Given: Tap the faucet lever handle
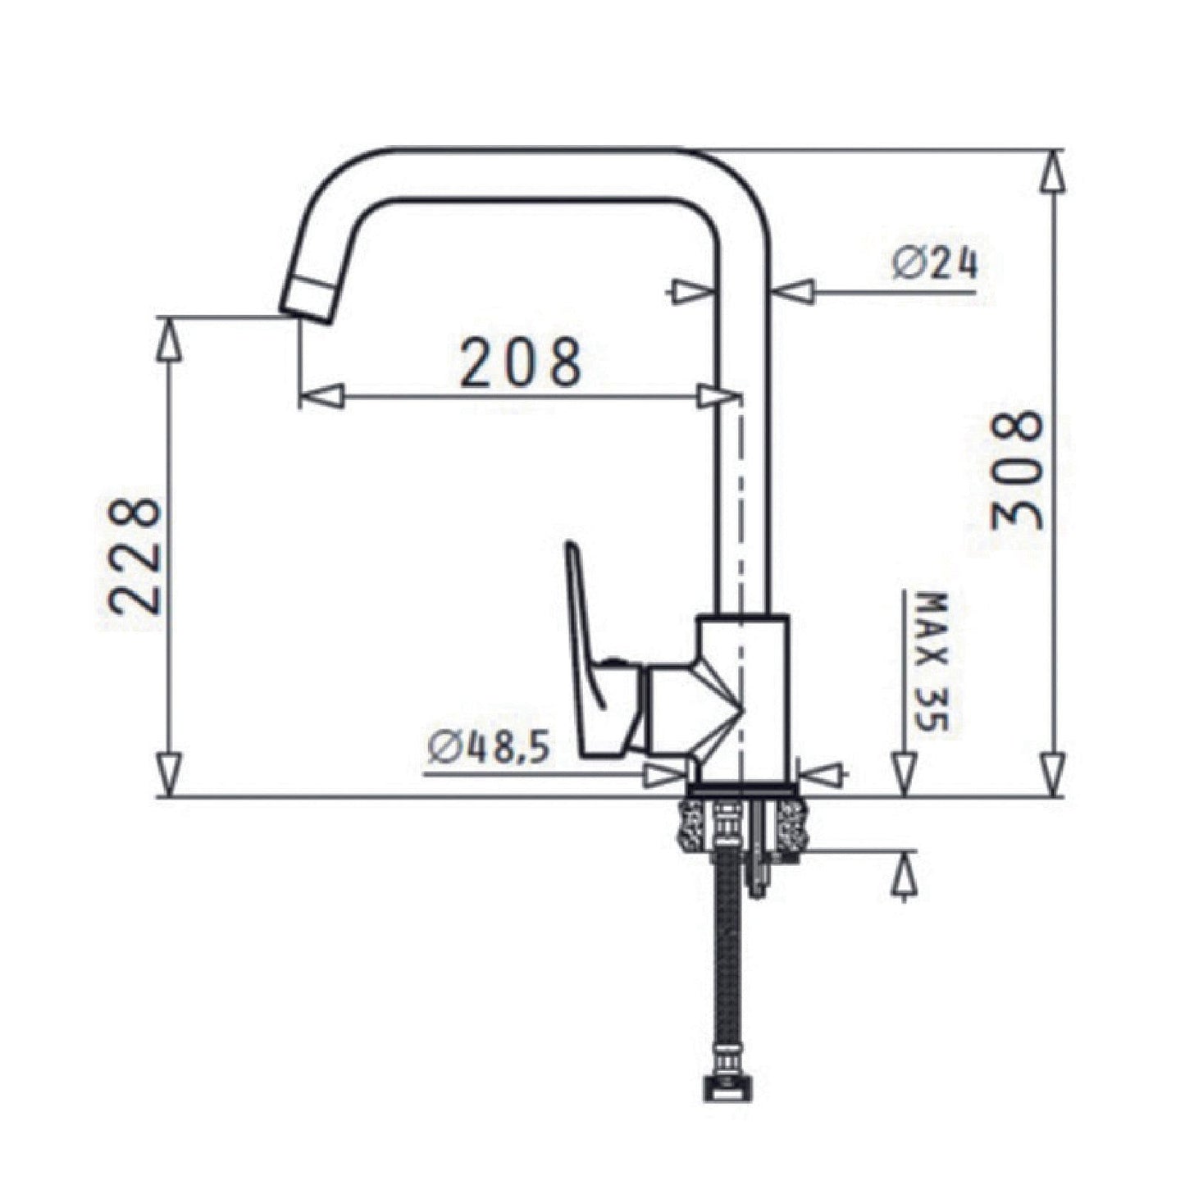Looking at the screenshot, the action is tap(599, 652).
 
